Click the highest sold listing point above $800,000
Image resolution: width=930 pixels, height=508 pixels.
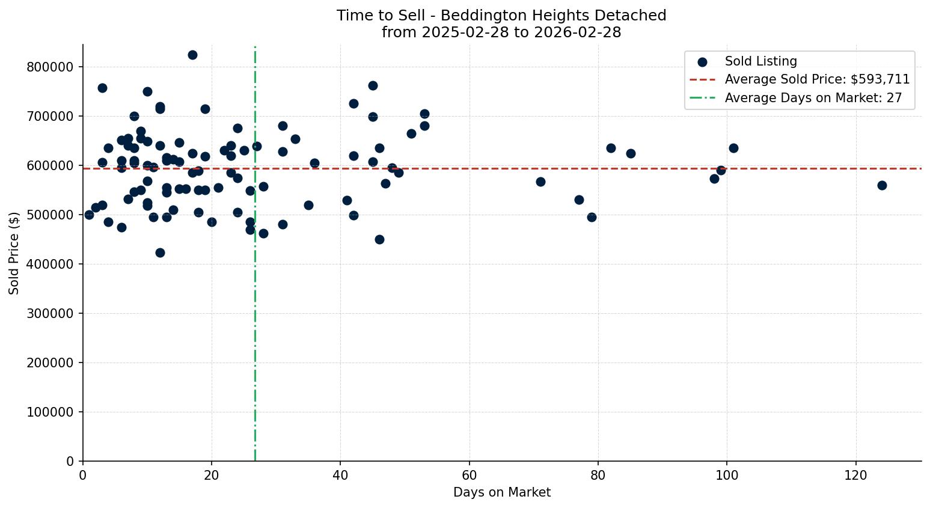pyautogui.click(x=192, y=55)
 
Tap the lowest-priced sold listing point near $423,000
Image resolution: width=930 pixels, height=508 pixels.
pyautogui.click(x=160, y=252)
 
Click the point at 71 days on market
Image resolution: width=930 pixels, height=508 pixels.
pyautogui.click(x=540, y=182)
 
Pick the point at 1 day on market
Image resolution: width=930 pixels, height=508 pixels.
pyautogui.click(x=89, y=215)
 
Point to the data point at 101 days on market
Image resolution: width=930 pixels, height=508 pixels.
pyautogui.click(x=733, y=148)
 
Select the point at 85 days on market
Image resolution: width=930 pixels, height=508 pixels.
pyautogui.click(x=631, y=153)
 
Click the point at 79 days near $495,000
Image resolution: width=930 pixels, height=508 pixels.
pyautogui.click(x=592, y=217)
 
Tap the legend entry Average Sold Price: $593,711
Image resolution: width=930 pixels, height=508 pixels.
pyautogui.click(x=816, y=79)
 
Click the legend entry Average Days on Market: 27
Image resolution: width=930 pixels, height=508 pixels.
pyautogui.click(x=813, y=98)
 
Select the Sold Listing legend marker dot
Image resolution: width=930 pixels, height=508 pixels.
pyautogui.click(x=702, y=62)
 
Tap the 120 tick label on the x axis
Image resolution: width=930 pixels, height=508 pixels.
pyautogui.click(x=856, y=476)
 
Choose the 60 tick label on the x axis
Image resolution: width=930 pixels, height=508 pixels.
pyautogui.click(x=470, y=476)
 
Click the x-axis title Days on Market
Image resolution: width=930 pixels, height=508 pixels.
pyautogui.click(x=501, y=492)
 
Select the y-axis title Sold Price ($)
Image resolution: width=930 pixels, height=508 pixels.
pyautogui.click(x=14, y=252)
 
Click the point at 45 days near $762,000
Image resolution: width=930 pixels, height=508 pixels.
pyautogui.click(x=373, y=85)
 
